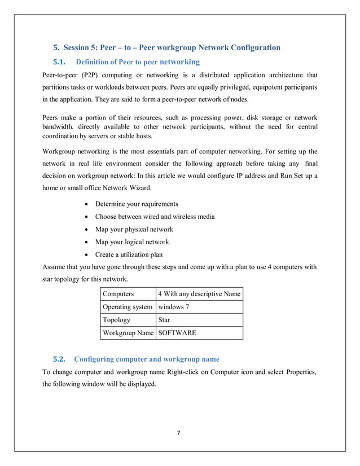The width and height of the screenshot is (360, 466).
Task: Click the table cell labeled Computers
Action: (x=118, y=294)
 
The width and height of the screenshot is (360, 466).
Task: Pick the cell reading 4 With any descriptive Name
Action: (x=199, y=294)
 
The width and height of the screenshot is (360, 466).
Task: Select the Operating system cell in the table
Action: (x=127, y=307)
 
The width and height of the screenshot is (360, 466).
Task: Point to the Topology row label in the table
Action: (x=116, y=320)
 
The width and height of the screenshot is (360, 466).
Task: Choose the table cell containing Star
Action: (x=164, y=320)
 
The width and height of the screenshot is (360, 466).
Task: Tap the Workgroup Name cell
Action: (x=128, y=333)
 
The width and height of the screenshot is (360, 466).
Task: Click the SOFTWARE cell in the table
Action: (x=177, y=333)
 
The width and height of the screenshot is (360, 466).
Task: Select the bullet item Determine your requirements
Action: (x=137, y=204)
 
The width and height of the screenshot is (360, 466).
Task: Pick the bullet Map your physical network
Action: (x=134, y=230)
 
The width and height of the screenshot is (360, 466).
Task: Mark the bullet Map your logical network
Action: (x=131, y=242)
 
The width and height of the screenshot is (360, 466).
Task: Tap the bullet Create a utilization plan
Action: (x=129, y=255)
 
